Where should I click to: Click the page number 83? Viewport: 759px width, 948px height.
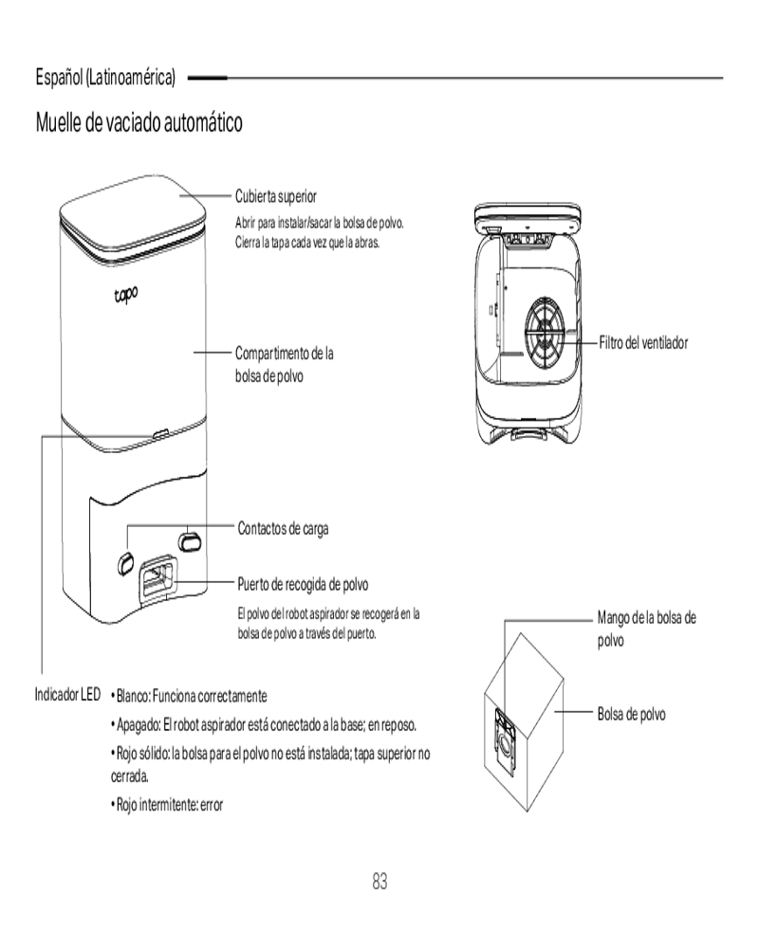[x=379, y=882]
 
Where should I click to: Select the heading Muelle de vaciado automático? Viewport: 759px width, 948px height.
[x=139, y=122]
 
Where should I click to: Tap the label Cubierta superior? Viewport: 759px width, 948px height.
[x=276, y=196]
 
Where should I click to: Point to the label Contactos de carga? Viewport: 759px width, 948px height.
[x=283, y=529]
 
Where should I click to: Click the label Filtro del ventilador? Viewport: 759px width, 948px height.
[x=642, y=341]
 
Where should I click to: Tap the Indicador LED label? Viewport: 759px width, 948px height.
[x=67, y=695]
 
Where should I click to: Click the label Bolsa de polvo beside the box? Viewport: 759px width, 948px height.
[x=631, y=714]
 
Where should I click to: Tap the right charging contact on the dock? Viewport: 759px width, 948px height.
[x=190, y=539]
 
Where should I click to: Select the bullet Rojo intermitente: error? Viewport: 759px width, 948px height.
[x=167, y=806]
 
